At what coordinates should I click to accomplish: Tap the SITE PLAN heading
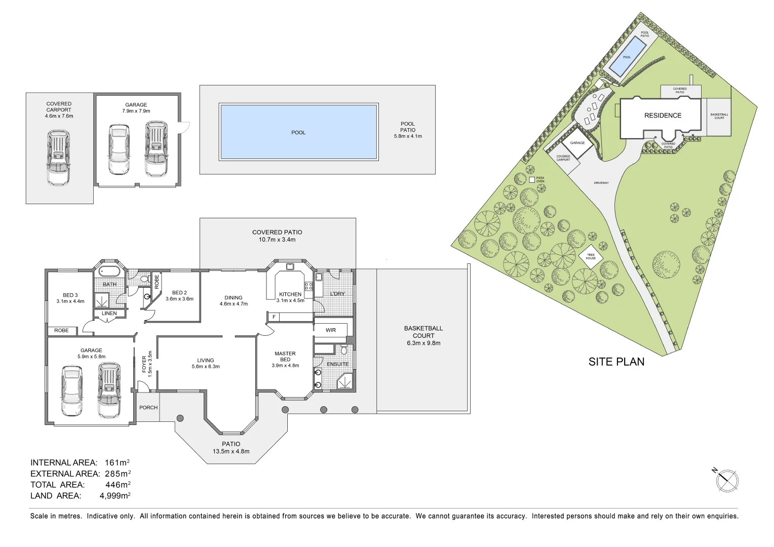pos(616,362)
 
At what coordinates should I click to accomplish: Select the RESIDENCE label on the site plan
pos(663,115)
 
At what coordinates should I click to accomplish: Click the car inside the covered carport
pos(59,158)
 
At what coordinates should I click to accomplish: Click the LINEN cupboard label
pos(109,314)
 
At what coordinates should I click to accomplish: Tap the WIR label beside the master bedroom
pos(331,330)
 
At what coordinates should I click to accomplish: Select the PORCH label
pos(148,407)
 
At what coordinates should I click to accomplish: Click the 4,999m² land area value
pos(115,496)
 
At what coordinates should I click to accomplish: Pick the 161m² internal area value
pos(117,462)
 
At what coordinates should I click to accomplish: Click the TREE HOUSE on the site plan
pos(591,257)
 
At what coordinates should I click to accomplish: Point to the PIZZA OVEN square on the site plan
pos(532,179)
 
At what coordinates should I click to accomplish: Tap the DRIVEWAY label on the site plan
pos(601,183)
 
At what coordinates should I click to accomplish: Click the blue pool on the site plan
pos(627,56)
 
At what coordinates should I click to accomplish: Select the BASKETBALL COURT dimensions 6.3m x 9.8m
pos(423,343)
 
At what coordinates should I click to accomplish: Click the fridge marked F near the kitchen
pos(274,317)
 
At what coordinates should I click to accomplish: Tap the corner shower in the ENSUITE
pos(345,381)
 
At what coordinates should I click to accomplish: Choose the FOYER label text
pos(144,365)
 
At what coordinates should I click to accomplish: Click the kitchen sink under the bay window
pos(290,266)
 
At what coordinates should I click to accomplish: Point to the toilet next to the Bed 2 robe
pos(144,279)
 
